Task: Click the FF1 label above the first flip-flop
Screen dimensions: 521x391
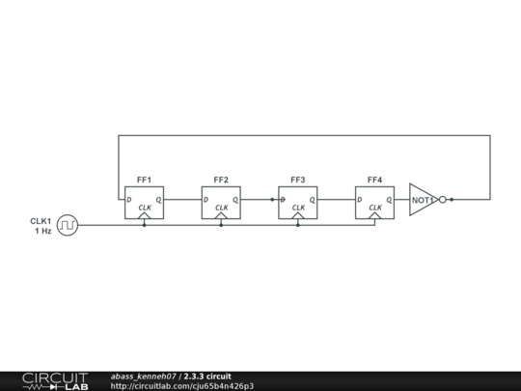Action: coord(144,180)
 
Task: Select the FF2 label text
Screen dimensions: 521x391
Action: coord(221,180)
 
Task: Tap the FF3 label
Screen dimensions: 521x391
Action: coord(298,180)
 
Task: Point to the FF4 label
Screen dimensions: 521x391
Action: coord(374,180)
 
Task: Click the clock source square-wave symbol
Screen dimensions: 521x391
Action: coord(68,225)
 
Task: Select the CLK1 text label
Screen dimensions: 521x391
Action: coord(41,221)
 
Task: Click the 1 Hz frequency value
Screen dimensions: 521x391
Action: coord(43,231)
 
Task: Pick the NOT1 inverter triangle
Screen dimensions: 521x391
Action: coord(424,200)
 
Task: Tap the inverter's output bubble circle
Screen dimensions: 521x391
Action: coord(443,200)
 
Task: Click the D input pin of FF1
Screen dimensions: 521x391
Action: coord(129,200)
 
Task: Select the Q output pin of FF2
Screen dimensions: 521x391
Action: coord(235,200)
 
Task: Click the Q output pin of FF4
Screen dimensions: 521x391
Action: coord(390,200)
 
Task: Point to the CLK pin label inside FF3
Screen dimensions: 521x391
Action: coord(298,208)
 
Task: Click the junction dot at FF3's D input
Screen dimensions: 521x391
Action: coord(272,200)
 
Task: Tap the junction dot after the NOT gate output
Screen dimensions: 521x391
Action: coord(452,200)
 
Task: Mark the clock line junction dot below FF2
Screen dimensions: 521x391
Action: coord(221,225)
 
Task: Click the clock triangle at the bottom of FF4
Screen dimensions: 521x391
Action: coord(374,215)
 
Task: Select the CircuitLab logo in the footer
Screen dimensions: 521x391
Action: coord(56,381)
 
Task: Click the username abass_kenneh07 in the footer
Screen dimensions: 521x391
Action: coord(143,377)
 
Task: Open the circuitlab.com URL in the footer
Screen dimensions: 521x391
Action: coord(182,386)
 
